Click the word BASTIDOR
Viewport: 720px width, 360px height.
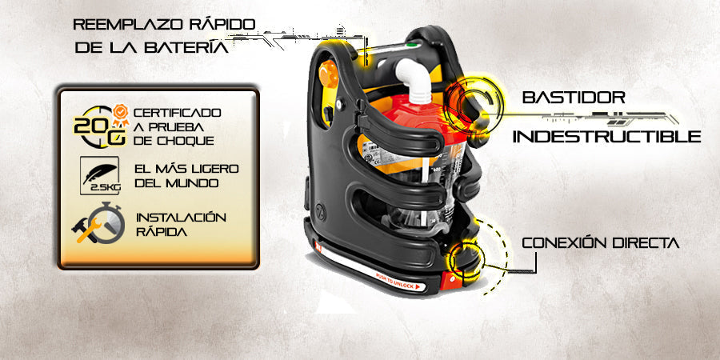[574, 98]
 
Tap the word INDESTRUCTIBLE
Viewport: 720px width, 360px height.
[606, 136]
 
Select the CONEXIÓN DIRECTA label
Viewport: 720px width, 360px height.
[601, 243]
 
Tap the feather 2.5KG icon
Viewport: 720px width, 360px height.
[100, 175]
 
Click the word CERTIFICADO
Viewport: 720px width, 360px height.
[177, 113]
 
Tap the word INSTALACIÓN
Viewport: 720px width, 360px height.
[182, 217]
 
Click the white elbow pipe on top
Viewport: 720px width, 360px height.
[414, 79]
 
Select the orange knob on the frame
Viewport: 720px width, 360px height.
[329, 74]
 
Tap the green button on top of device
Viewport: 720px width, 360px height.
[412, 45]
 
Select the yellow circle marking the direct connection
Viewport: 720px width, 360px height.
[467, 259]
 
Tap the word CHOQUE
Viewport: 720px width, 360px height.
[187, 141]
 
